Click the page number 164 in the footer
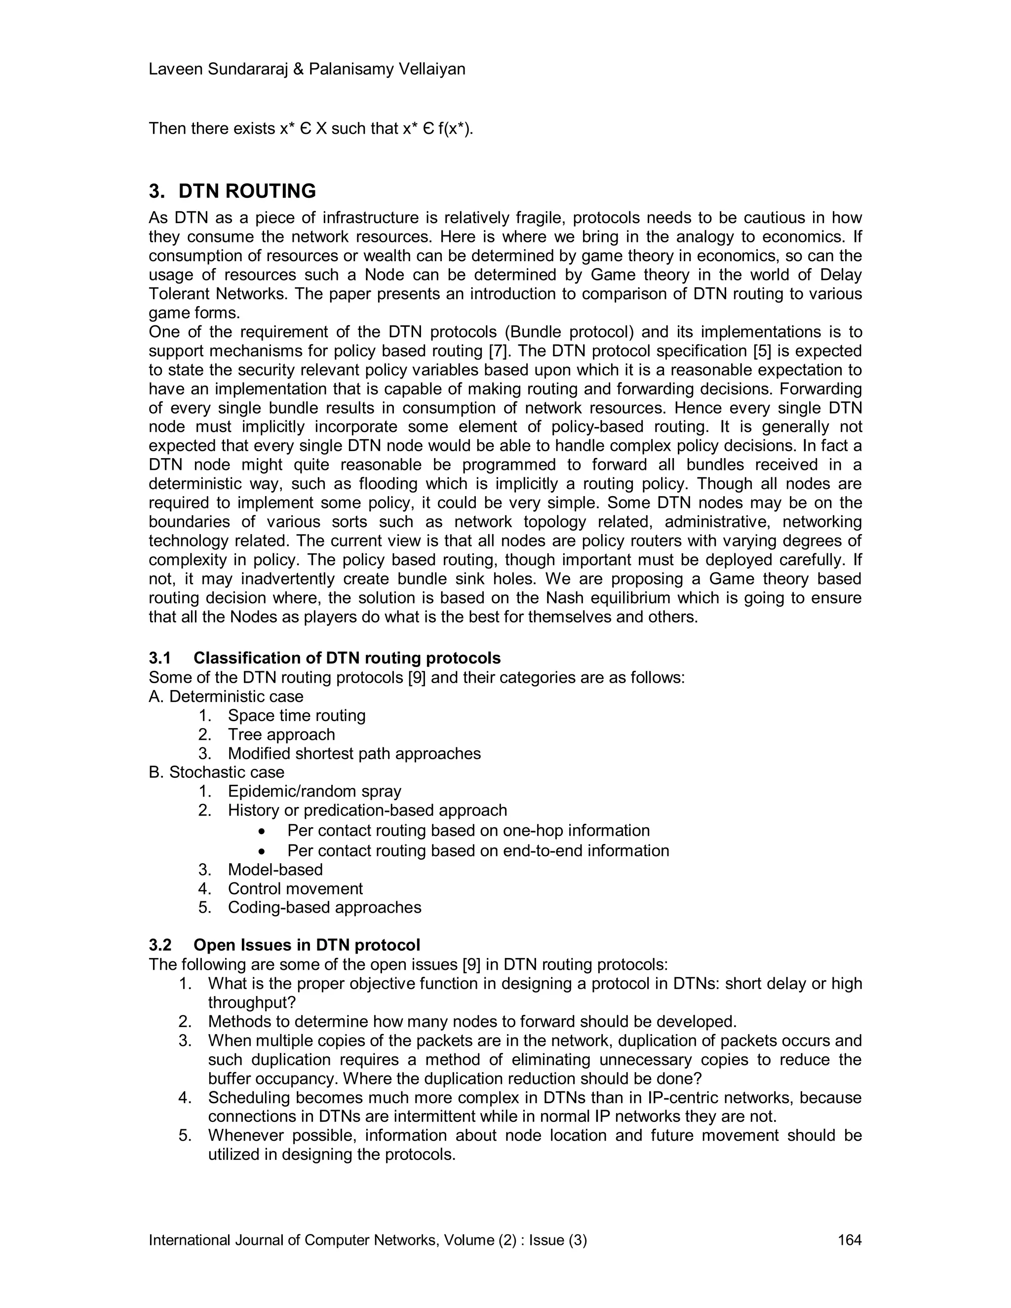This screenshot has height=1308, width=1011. (x=849, y=1240)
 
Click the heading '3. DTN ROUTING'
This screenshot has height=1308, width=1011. (x=233, y=191)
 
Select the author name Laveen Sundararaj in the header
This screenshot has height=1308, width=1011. (x=226, y=70)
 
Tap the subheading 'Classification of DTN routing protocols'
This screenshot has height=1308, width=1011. (x=347, y=658)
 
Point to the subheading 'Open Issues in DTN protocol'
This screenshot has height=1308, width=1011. (x=307, y=945)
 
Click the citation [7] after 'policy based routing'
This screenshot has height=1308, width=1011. (x=498, y=351)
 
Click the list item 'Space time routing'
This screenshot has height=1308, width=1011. (x=297, y=716)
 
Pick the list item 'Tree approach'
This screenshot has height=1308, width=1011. (x=281, y=734)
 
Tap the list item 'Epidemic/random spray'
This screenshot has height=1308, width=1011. (x=314, y=791)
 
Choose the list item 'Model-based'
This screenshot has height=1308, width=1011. (x=275, y=870)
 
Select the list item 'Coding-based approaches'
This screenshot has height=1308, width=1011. (x=324, y=907)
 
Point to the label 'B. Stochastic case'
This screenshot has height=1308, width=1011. (x=216, y=772)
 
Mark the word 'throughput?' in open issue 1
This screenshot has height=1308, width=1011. (x=252, y=1002)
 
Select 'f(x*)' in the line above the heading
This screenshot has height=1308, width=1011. (x=455, y=129)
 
